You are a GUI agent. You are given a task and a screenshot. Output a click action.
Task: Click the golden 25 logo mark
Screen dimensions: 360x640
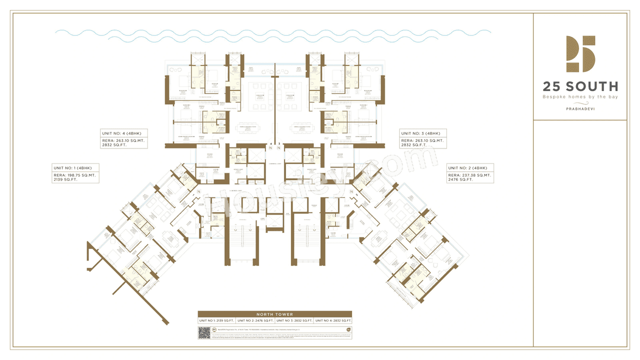[x=580, y=54]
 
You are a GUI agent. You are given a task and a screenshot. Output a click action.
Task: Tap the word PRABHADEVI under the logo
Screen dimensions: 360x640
[x=580, y=108]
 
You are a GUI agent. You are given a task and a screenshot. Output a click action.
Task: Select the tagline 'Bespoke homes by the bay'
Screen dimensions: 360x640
[x=580, y=96]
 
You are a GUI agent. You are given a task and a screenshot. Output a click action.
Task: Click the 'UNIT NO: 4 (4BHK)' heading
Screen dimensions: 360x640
[x=120, y=133]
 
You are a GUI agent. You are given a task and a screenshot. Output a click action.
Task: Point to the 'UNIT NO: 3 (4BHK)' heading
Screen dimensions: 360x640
[x=420, y=133]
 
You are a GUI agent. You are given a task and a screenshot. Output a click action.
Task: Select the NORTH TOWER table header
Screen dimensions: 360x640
[x=275, y=314]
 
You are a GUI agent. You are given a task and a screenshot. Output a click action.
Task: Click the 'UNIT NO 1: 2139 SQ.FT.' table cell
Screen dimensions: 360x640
[x=216, y=320]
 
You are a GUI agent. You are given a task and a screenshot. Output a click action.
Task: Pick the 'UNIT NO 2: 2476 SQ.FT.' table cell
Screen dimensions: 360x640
[x=255, y=320]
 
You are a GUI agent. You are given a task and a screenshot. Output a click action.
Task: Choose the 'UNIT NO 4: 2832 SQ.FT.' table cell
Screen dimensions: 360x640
[x=333, y=320]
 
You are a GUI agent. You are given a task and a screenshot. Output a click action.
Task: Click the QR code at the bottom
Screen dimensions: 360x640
[x=204, y=332]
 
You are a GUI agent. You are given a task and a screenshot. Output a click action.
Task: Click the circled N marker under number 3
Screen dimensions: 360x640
[x=278, y=148]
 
